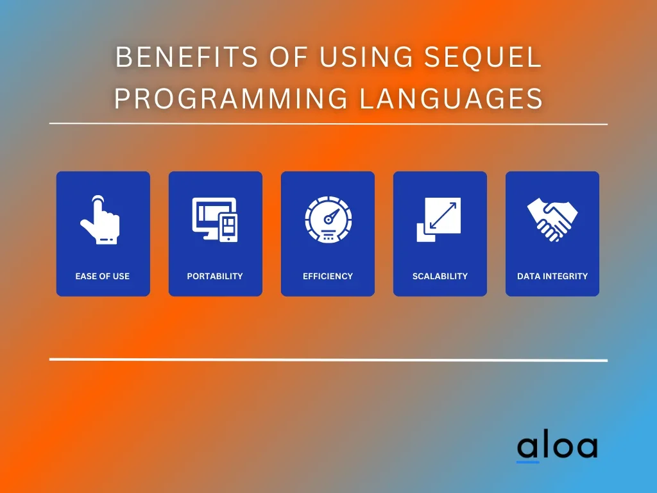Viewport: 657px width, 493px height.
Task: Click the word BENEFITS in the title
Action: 187,56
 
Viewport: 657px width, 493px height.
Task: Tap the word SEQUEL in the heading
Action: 483,56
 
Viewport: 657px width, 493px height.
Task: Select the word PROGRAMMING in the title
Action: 231,98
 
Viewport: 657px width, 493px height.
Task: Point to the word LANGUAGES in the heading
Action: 451,98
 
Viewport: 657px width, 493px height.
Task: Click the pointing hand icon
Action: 101,220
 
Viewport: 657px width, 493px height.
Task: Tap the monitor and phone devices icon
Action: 215,220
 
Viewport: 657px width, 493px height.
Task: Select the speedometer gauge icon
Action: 328,220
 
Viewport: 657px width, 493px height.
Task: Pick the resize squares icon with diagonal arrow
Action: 439,220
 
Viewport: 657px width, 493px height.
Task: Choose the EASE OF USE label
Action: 102,276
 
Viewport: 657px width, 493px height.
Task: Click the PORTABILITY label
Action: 215,276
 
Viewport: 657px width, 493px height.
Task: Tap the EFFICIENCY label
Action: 328,276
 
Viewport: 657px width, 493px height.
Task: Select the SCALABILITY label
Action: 440,276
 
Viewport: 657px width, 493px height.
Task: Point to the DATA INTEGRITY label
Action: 552,276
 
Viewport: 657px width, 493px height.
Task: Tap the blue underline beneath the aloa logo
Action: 527,462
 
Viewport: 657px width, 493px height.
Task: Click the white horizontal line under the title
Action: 328,124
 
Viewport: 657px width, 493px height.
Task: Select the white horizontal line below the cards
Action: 328,359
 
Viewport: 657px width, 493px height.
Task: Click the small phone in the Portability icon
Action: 228,228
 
